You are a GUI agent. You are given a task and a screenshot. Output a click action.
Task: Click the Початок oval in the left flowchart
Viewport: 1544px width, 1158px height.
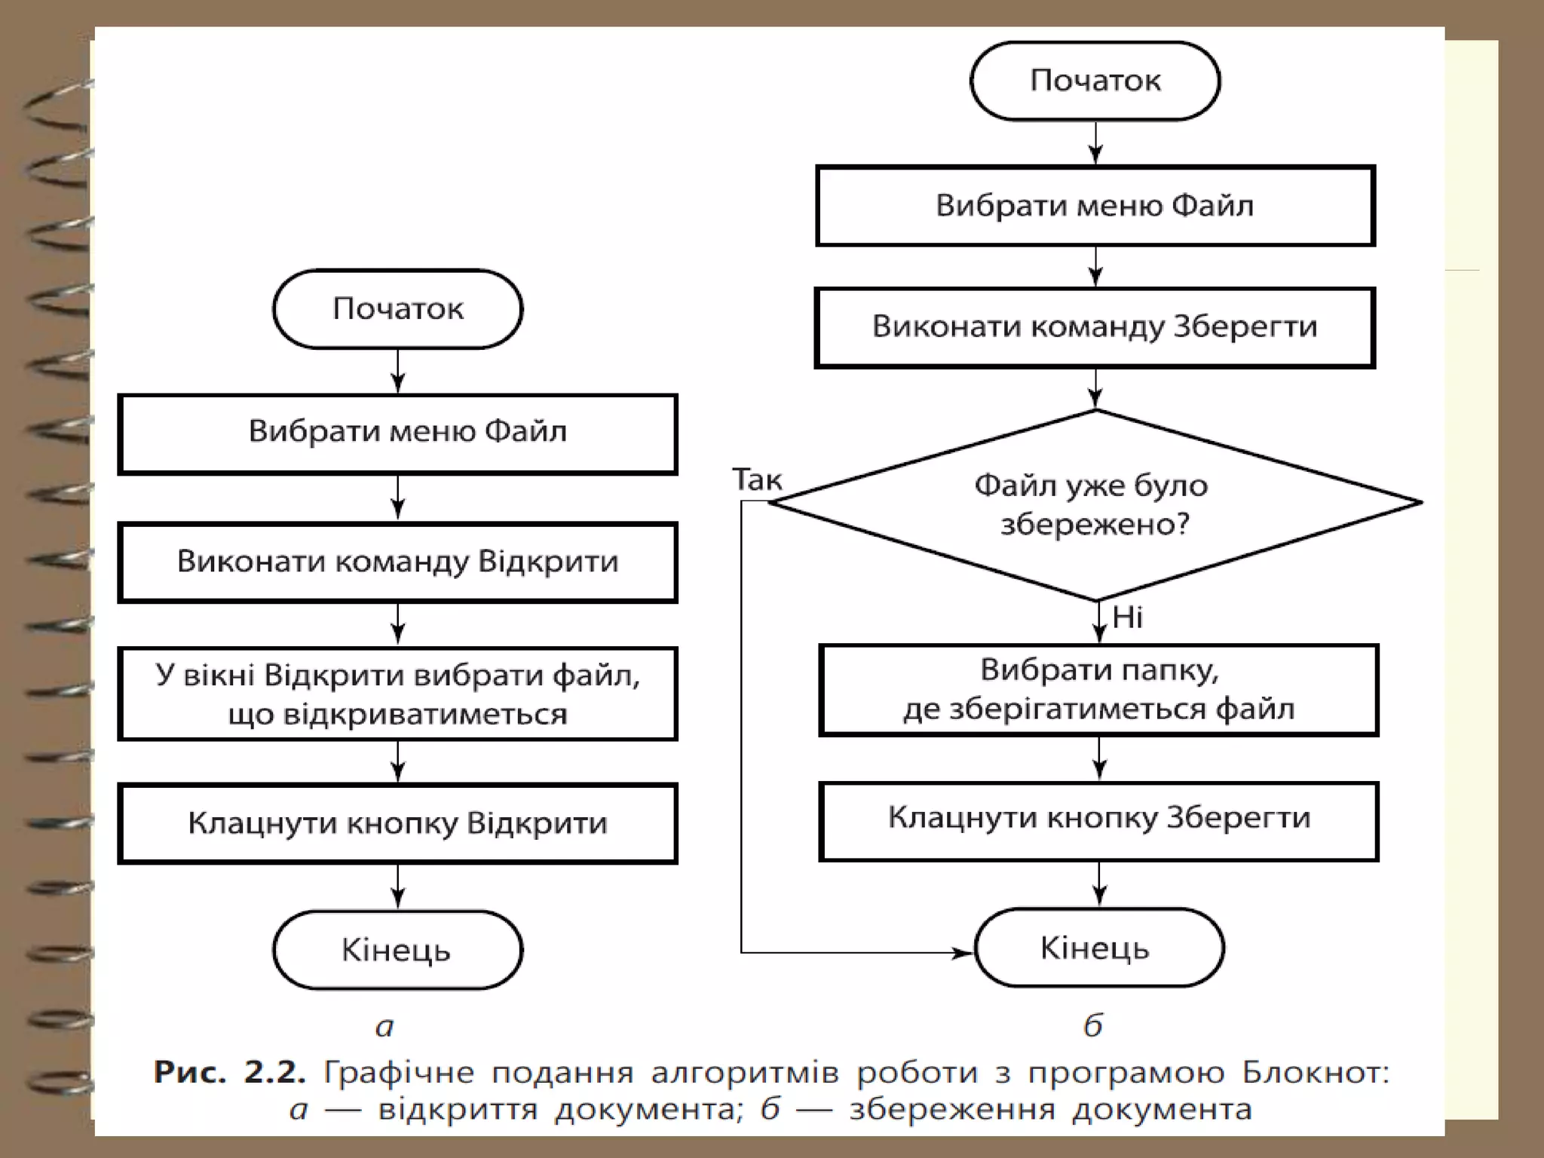point(397,309)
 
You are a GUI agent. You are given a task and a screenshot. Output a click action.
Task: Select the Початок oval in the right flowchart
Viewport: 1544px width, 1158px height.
point(1095,81)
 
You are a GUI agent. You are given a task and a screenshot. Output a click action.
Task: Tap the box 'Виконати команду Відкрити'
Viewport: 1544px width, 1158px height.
point(397,562)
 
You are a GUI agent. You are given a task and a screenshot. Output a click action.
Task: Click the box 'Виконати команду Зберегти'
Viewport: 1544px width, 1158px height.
point(1095,327)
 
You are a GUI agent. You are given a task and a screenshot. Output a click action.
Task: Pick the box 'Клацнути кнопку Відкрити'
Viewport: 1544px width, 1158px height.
point(397,823)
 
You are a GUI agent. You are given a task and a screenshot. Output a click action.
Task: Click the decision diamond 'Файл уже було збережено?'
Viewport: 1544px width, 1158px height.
point(1095,504)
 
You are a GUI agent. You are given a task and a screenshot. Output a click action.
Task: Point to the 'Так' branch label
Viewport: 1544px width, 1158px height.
point(757,480)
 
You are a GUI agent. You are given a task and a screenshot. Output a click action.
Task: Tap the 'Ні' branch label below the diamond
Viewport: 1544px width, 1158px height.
point(1127,617)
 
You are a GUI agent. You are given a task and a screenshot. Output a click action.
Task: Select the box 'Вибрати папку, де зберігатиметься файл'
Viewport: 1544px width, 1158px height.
point(1098,690)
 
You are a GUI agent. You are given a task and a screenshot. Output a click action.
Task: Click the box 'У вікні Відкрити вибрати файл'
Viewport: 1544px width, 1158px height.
point(397,694)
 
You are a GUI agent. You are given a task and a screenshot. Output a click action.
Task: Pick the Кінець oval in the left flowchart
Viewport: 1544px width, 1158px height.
point(397,950)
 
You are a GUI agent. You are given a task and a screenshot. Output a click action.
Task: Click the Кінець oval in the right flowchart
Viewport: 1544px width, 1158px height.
point(1098,948)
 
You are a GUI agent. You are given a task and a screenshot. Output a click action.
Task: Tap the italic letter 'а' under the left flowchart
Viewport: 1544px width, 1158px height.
point(384,1026)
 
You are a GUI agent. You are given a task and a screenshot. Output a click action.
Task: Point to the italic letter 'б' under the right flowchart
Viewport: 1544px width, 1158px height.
point(1092,1025)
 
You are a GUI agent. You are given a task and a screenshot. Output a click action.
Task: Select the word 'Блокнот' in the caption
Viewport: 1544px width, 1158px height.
point(1315,1072)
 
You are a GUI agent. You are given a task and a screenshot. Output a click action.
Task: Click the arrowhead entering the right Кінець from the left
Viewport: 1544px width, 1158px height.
point(964,953)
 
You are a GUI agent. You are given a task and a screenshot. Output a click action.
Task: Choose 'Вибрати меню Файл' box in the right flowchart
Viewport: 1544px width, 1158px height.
point(1095,206)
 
